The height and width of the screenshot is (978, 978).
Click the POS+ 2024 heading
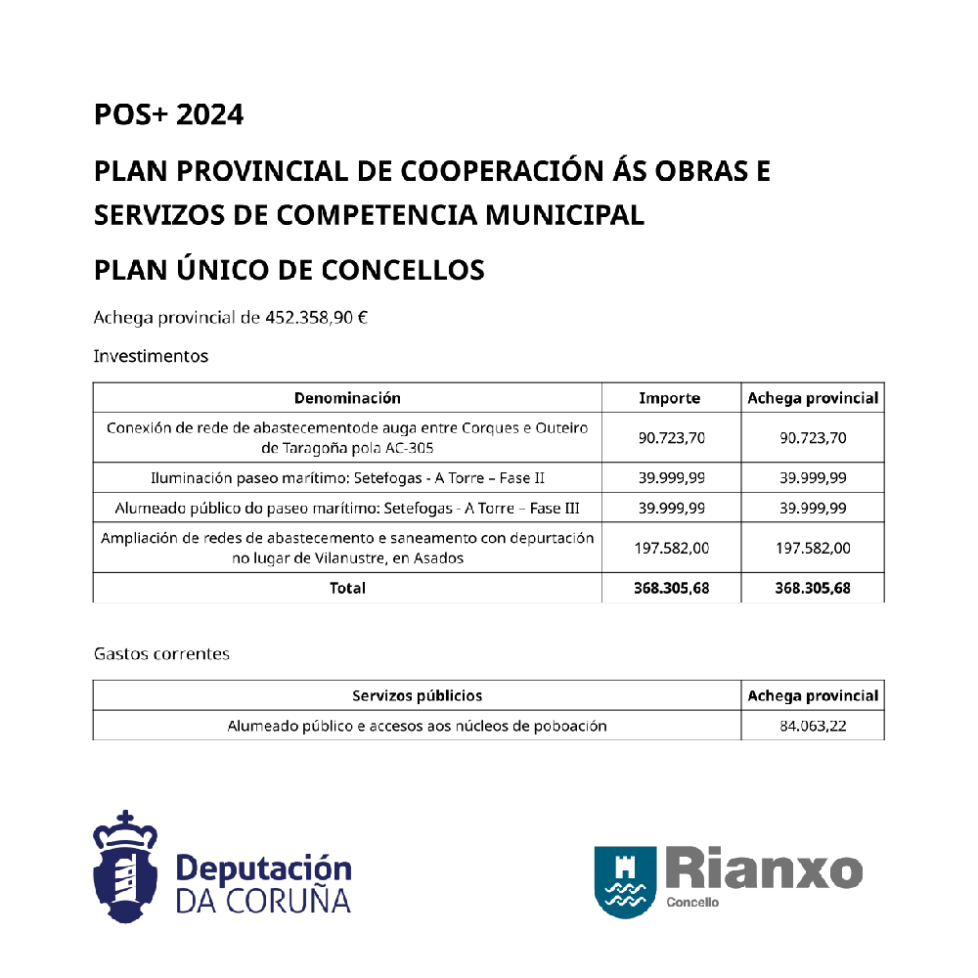(x=168, y=115)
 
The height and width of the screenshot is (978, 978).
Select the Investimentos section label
(x=151, y=356)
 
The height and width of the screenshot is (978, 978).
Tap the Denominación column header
(x=347, y=398)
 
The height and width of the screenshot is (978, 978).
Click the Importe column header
(x=670, y=398)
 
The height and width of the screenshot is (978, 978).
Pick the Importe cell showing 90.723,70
(x=671, y=437)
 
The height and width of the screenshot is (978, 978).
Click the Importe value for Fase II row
(x=671, y=478)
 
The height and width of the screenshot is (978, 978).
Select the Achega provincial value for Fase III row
(x=813, y=509)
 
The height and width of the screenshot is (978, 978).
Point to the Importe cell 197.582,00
(x=671, y=549)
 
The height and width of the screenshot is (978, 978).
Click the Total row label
(x=348, y=588)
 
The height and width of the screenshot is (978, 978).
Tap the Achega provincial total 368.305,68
(x=813, y=588)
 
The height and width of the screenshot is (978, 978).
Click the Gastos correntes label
(x=161, y=653)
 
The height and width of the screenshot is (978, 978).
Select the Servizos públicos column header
(x=417, y=696)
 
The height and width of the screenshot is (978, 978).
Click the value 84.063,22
(x=813, y=726)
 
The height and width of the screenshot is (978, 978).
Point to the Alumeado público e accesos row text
(x=417, y=726)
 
